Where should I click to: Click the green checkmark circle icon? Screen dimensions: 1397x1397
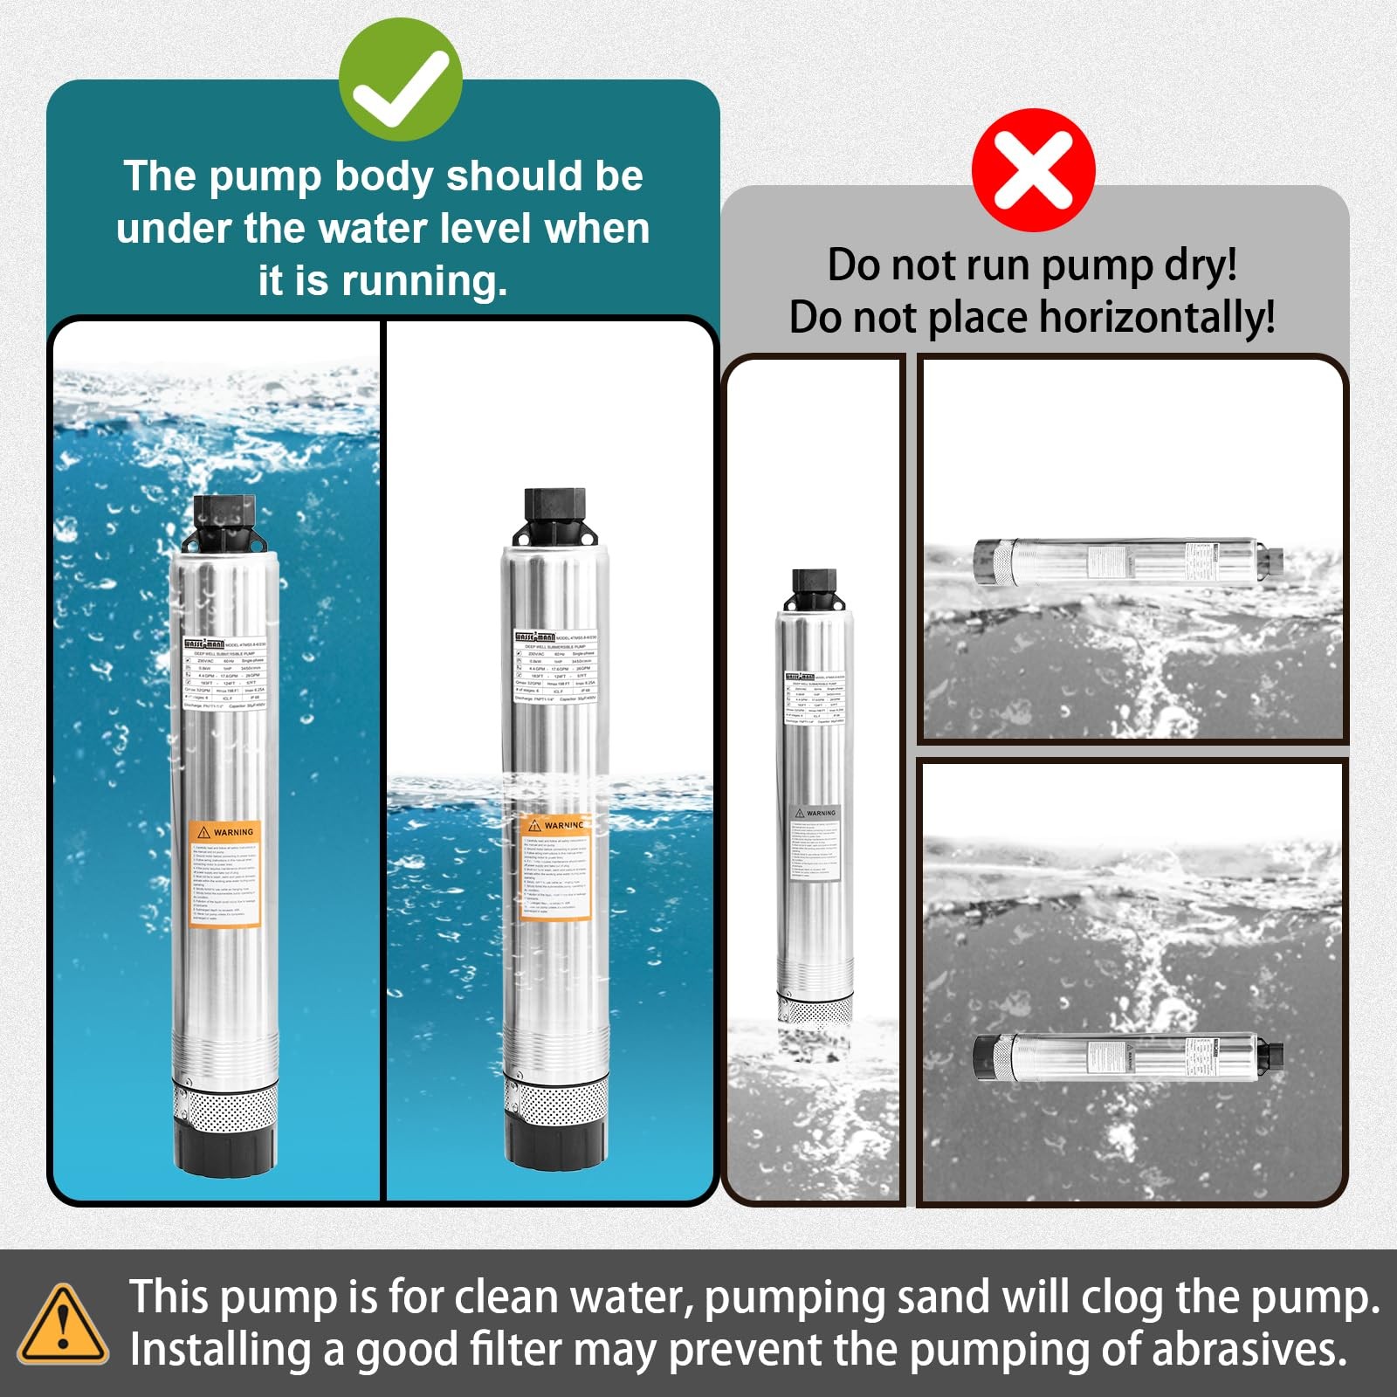(x=400, y=79)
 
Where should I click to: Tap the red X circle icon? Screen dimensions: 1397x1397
(x=1033, y=170)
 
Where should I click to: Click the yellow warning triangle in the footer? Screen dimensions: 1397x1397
(x=63, y=1325)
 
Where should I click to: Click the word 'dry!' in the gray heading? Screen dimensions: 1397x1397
(x=1201, y=265)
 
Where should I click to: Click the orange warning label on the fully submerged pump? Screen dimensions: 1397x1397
(x=225, y=873)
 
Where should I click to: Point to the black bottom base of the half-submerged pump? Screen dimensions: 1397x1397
(x=556, y=1146)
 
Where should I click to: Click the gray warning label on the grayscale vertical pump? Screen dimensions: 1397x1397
(x=815, y=843)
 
